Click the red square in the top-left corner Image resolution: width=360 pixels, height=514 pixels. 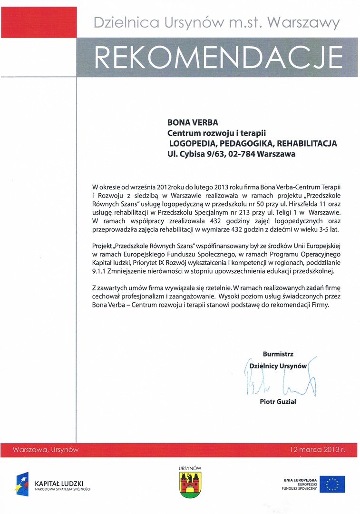32,21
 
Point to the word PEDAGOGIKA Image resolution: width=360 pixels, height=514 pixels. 247,143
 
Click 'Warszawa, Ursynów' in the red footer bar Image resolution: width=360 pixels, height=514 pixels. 46,449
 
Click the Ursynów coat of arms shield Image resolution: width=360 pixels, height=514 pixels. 190,485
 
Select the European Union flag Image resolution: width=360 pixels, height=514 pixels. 332,484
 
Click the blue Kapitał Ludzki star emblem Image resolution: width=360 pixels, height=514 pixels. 22,484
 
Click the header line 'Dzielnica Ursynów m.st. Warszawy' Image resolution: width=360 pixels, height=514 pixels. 216,22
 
